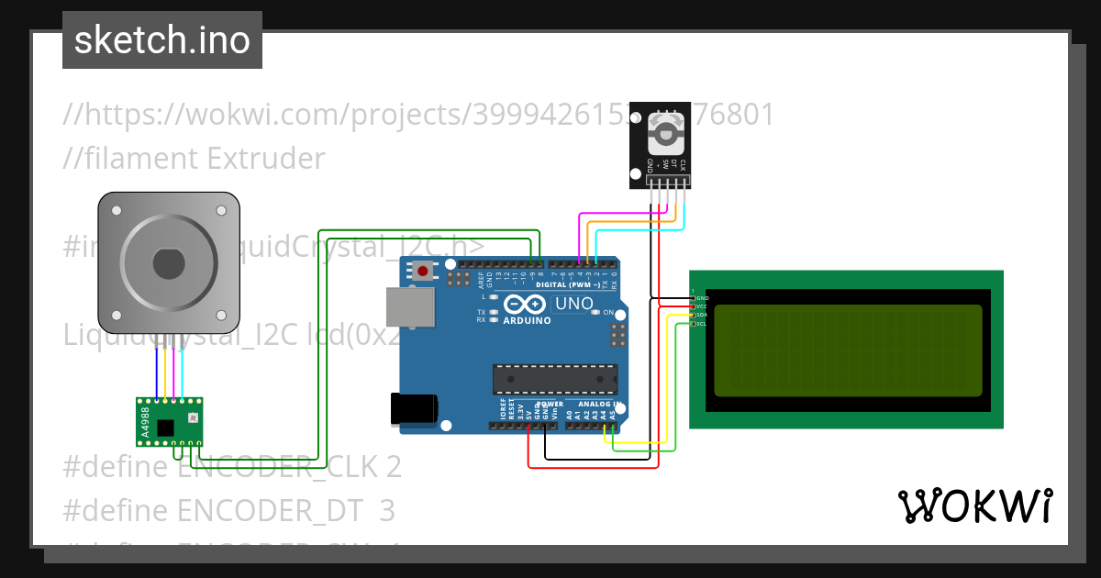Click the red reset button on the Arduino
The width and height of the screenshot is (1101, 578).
click(x=422, y=271)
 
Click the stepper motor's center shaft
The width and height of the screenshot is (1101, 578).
click(x=169, y=264)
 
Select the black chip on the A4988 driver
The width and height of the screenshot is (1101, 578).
click(x=165, y=428)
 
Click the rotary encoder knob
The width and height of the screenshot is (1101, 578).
click(x=664, y=134)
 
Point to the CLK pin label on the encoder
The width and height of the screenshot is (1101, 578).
click(x=683, y=166)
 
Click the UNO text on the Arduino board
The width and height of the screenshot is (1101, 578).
click(x=574, y=304)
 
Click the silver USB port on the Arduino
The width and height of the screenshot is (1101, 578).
click(x=410, y=306)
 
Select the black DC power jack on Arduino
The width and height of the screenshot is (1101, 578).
click(x=413, y=409)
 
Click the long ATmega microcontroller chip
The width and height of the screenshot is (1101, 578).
click(x=555, y=378)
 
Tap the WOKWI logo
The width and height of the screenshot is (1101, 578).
click(x=974, y=506)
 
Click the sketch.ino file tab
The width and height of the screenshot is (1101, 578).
click(x=162, y=40)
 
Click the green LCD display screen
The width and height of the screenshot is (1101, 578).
click(x=847, y=350)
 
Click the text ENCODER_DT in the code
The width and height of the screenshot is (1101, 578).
click(x=272, y=509)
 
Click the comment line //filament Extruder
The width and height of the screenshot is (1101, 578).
click(x=194, y=159)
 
